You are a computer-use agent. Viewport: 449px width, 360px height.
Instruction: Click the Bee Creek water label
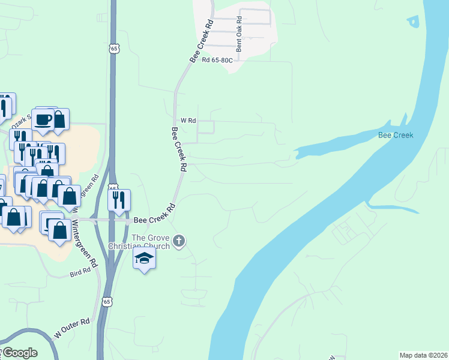pos(395,135)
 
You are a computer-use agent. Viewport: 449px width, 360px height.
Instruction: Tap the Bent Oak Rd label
pos(239,35)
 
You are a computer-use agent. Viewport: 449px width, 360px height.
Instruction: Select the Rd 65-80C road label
pos(216,59)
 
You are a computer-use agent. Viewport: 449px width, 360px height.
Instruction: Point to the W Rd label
pos(188,121)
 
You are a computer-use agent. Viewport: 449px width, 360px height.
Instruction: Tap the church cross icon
pos(179,242)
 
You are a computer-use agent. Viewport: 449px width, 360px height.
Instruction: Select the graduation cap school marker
pos(144,259)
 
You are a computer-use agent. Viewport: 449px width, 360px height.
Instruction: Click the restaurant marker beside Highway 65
pos(119,199)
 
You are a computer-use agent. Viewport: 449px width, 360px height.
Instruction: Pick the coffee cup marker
pos(44,119)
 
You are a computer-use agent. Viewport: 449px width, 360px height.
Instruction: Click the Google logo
pos(20,353)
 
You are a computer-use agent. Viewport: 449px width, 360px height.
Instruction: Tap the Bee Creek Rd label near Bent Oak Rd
pos(202,41)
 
